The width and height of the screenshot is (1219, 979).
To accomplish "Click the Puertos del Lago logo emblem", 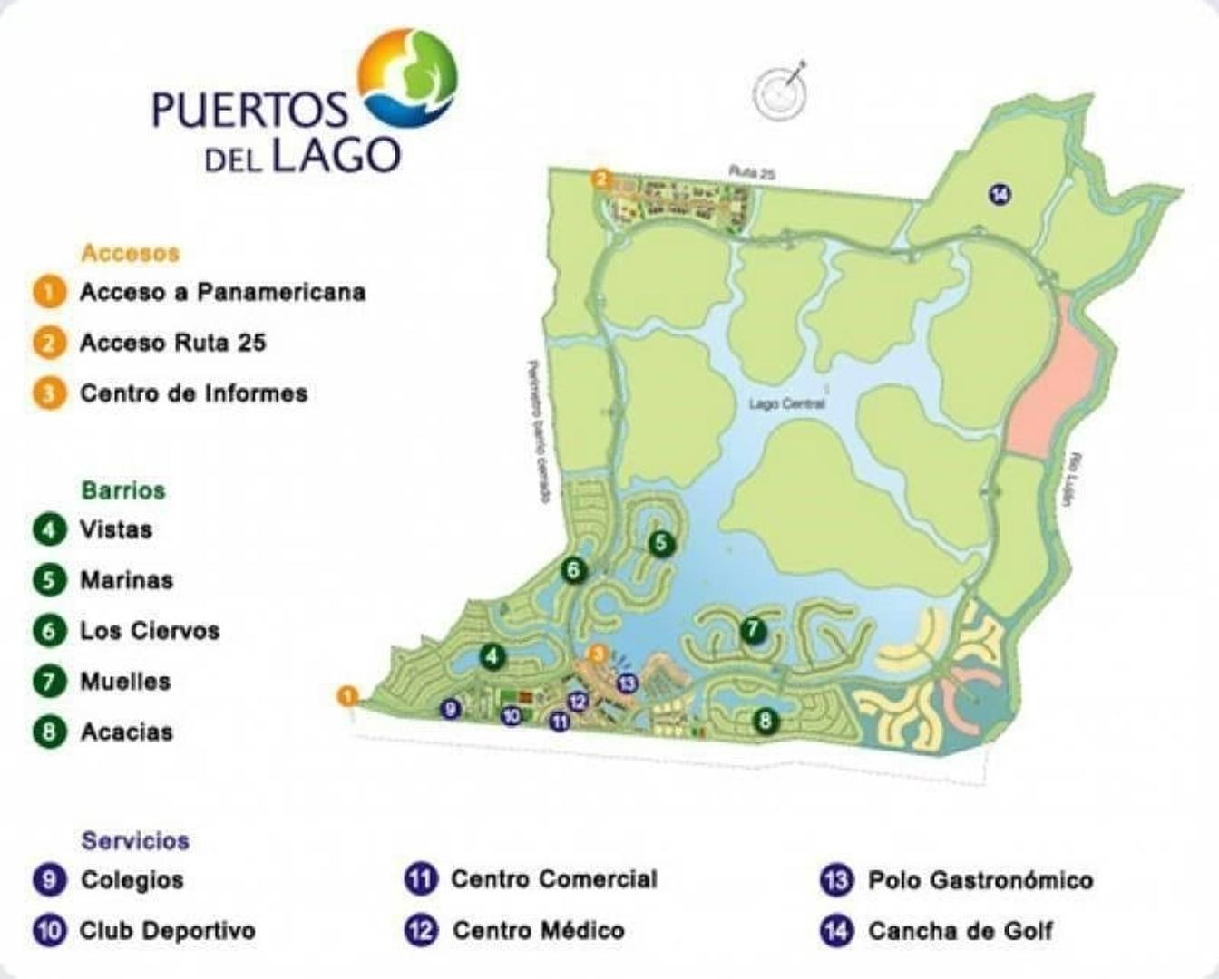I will tap(408, 76).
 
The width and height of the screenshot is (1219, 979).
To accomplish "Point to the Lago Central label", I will tap(786, 403).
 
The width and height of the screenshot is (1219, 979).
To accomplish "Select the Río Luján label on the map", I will tap(1077, 480).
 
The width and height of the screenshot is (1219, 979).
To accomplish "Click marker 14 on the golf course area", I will tap(999, 194).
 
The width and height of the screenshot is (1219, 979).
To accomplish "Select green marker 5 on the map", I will tap(661, 543).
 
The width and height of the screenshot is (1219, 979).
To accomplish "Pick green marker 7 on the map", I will tap(752, 630).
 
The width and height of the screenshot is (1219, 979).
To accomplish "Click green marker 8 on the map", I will tap(766, 721).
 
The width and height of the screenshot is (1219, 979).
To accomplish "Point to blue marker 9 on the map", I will tap(450, 709).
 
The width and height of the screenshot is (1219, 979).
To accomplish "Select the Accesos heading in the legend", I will tap(131, 253).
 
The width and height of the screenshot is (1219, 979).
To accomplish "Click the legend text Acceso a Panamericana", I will tap(222, 292).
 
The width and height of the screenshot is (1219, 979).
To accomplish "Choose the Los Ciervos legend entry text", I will tap(150, 631).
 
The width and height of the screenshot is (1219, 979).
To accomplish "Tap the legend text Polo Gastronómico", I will tap(980, 880).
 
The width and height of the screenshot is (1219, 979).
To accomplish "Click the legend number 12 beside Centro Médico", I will tap(420, 930).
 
